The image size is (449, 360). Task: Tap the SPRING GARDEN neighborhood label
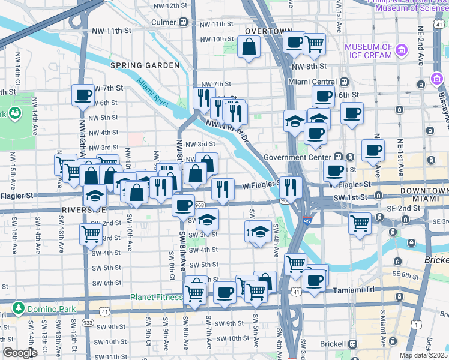coord(145,65)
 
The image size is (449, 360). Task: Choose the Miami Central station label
coord(312,82)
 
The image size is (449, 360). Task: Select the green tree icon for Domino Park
coord(19,308)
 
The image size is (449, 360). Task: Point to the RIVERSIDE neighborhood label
coord(83,209)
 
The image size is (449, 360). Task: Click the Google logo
coord(20,353)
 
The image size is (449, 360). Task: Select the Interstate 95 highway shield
coord(307,220)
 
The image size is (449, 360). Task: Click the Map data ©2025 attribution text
coord(423,355)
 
